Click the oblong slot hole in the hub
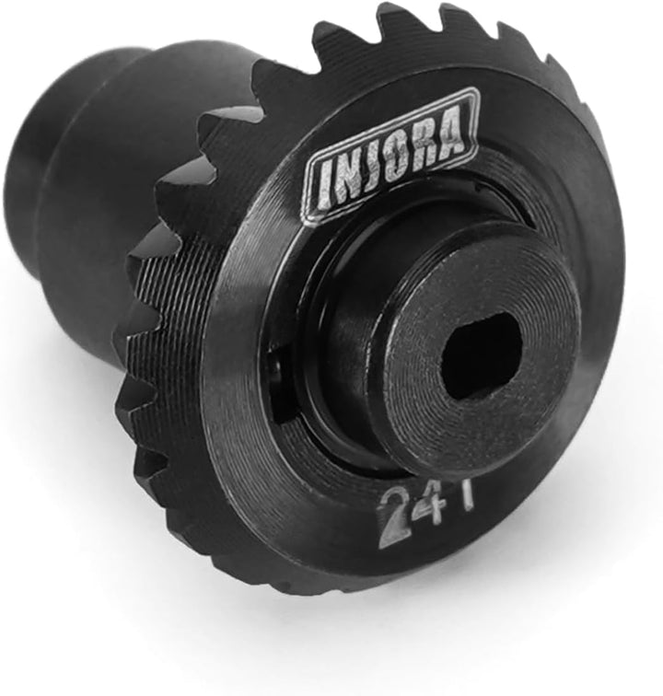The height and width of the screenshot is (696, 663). tap(481, 355)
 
